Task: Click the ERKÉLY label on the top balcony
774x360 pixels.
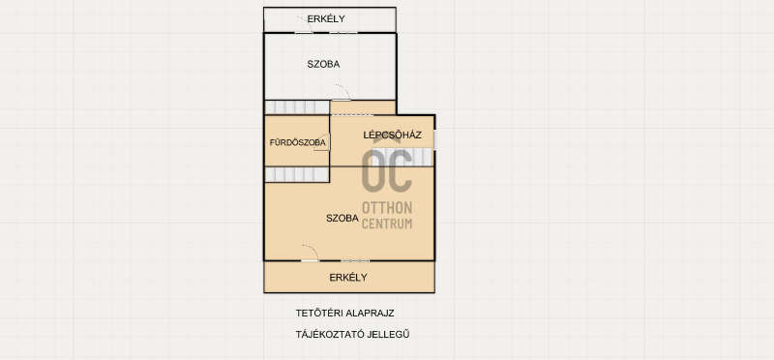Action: pos(326,19)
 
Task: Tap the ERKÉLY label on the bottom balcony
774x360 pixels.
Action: pos(348,278)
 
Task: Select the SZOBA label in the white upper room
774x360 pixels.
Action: pos(323,64)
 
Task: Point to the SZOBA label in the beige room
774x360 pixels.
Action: pos(342,219)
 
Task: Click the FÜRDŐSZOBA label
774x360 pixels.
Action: pos(298,142)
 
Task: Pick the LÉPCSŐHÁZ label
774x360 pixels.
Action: pos(393,135)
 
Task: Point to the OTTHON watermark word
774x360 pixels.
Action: pos(387,207)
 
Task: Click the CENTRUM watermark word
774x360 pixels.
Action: pos(387,224)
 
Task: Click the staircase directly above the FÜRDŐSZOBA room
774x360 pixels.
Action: pos(297,107)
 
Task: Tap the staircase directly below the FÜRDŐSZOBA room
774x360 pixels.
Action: pos(297,174)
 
